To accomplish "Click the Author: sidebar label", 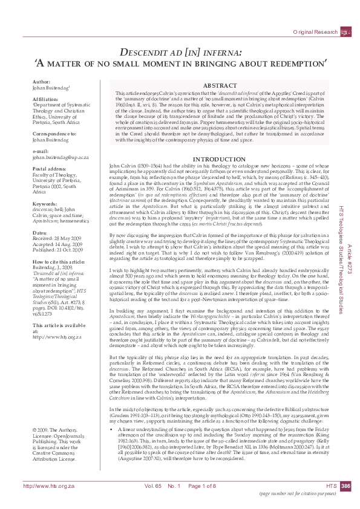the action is tap(42, 81).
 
